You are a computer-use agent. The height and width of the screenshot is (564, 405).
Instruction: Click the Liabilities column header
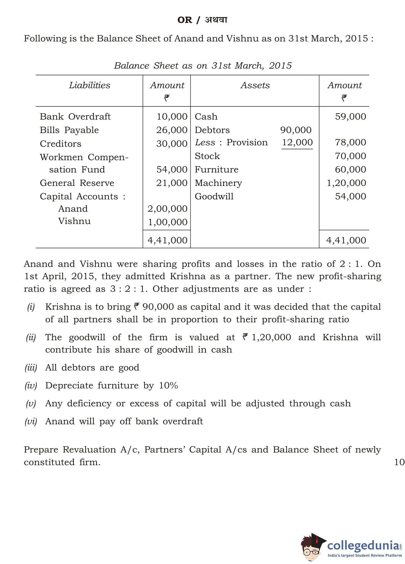pos(90,85)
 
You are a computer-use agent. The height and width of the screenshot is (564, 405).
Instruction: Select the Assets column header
pos(255,85)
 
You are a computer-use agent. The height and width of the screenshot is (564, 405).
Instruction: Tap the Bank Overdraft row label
pos(75,116)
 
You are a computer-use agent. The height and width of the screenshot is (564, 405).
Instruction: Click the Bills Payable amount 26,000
pos(172,130)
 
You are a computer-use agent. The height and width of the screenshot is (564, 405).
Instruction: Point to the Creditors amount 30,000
pos(172,144)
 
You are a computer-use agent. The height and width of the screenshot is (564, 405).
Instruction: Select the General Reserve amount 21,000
pos(172,183)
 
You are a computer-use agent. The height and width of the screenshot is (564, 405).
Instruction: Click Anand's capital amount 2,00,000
pos(167,209)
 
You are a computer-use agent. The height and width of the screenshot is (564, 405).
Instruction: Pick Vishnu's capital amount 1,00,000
pos(167,222)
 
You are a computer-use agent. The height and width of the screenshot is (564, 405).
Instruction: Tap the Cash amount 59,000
pos(350,116)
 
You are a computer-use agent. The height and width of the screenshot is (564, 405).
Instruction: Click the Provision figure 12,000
pos(297,142)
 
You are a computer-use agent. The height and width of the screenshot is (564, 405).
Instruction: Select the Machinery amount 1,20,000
pos(346,183)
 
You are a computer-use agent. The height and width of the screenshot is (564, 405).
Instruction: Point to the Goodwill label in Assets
pos(214,196)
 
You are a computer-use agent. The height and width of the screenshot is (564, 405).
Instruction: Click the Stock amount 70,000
pos(350,156)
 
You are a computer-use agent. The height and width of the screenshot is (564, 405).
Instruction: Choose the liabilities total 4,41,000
pos(167,240)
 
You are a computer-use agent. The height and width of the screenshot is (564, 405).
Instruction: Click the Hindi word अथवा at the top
pos(216,20)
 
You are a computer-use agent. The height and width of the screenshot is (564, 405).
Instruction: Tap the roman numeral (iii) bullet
pos(31,368)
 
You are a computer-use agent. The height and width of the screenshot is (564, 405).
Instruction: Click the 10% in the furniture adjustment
pos(168,386)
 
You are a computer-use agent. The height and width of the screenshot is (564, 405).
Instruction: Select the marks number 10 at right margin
pos(399,462)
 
